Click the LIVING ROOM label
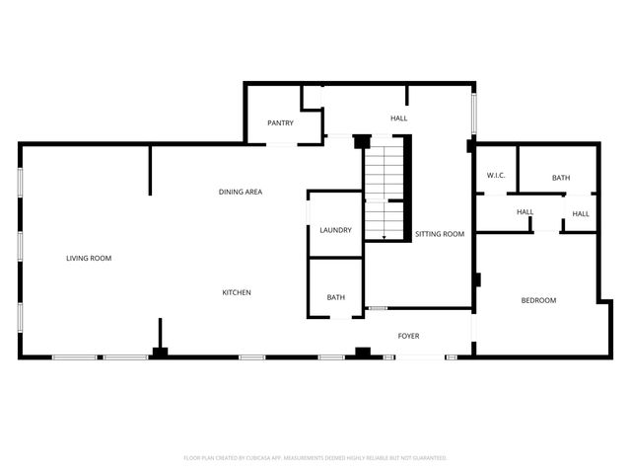(x=89, y=259)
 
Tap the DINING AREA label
(x=240, y=192)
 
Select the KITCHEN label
(x=236, y=292)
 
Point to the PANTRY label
(x=281, y=123)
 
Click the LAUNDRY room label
(x=335, y=230)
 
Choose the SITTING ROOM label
(x=440, y=234)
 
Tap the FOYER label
(x=408, y=336)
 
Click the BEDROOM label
(x=538, y=300)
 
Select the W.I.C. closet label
(x=496, y=176)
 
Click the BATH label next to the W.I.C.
(x=560, y=178)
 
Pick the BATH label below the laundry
(x=335, y=297)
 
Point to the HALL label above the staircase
(x=398, y=118)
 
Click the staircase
(x=385, y=188)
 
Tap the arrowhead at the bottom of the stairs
(x=385, y=238)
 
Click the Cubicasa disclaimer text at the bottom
(x=315, y=458)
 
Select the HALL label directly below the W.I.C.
(x=525, y=212)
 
